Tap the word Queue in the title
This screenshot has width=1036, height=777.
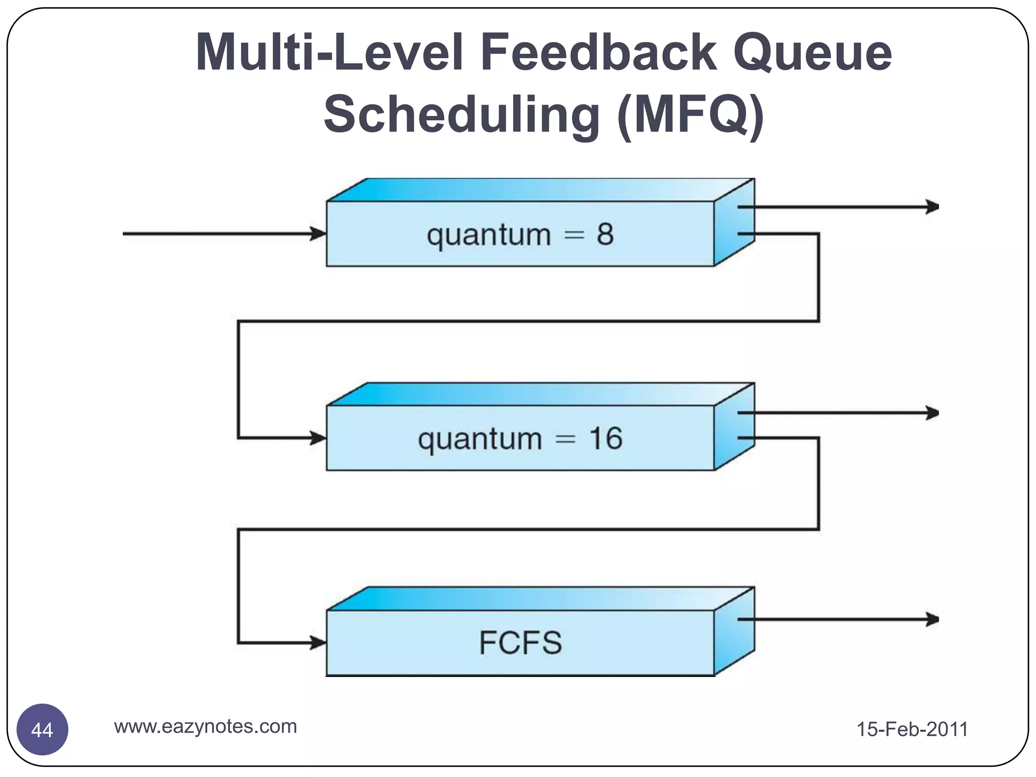click(x=812, y=52)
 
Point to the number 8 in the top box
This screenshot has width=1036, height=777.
click(x=605, y=234)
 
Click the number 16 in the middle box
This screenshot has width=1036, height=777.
click(x=606, y=438)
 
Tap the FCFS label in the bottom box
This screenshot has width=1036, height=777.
click(x=520, y=643)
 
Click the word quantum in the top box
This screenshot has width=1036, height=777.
click(x=489, y=236)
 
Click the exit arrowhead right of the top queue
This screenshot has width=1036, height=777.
click(x=932, y=207)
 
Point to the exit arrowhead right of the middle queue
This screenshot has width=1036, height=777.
click(x=932, y=413)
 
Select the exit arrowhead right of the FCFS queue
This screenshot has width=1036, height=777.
click(x=932, y=619)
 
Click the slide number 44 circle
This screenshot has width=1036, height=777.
click(x=42, y=729)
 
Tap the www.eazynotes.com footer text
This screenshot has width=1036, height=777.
click(x=205, y=726)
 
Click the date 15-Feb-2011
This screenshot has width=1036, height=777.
click(x=912, y=729)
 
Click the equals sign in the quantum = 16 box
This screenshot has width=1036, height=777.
click(x=566, y=439)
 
